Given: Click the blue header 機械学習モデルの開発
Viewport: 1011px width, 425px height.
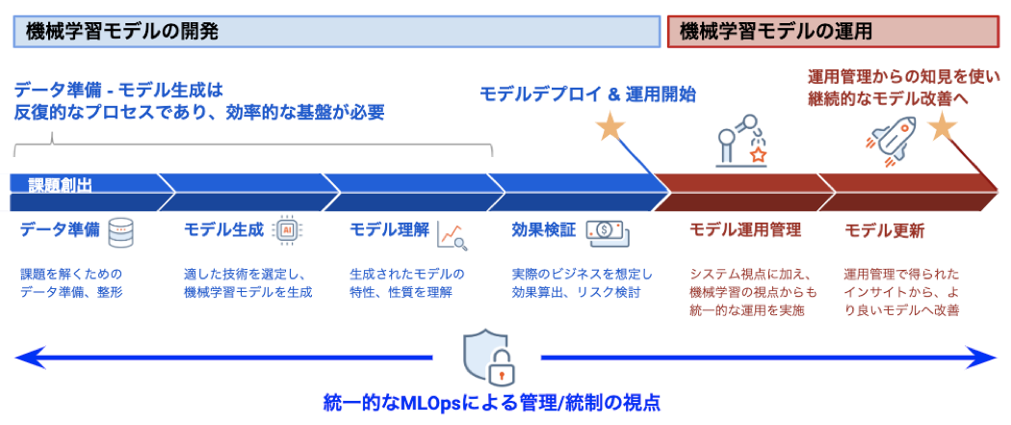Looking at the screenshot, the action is (x=337, y=32).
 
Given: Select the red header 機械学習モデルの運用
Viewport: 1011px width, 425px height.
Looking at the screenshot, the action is (x=833, y=32).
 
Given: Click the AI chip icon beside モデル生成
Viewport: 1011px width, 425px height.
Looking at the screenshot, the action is (x=287, y=230).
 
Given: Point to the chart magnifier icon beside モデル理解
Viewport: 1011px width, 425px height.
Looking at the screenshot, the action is (x=452, y=235).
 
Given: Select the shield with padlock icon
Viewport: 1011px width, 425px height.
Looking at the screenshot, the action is (x=491, y=357).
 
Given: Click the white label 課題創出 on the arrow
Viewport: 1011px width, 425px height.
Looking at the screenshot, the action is (x=60, y=186).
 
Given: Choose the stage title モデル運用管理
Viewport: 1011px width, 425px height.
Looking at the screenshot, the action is (x=745, y=229).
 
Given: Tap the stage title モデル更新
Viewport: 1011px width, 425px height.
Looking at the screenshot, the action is (x=885, y=231).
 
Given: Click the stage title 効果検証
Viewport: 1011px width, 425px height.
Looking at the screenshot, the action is (x=544, y=229).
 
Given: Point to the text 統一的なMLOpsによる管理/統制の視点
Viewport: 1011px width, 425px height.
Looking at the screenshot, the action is (x=492, y=404).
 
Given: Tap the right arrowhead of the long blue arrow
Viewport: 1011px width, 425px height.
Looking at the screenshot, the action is (x=983, y=358).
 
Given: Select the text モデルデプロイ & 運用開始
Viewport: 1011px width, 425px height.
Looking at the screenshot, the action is (x=588, y=94).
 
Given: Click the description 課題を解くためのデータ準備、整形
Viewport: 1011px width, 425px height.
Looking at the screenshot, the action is (x=71, y=282).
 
